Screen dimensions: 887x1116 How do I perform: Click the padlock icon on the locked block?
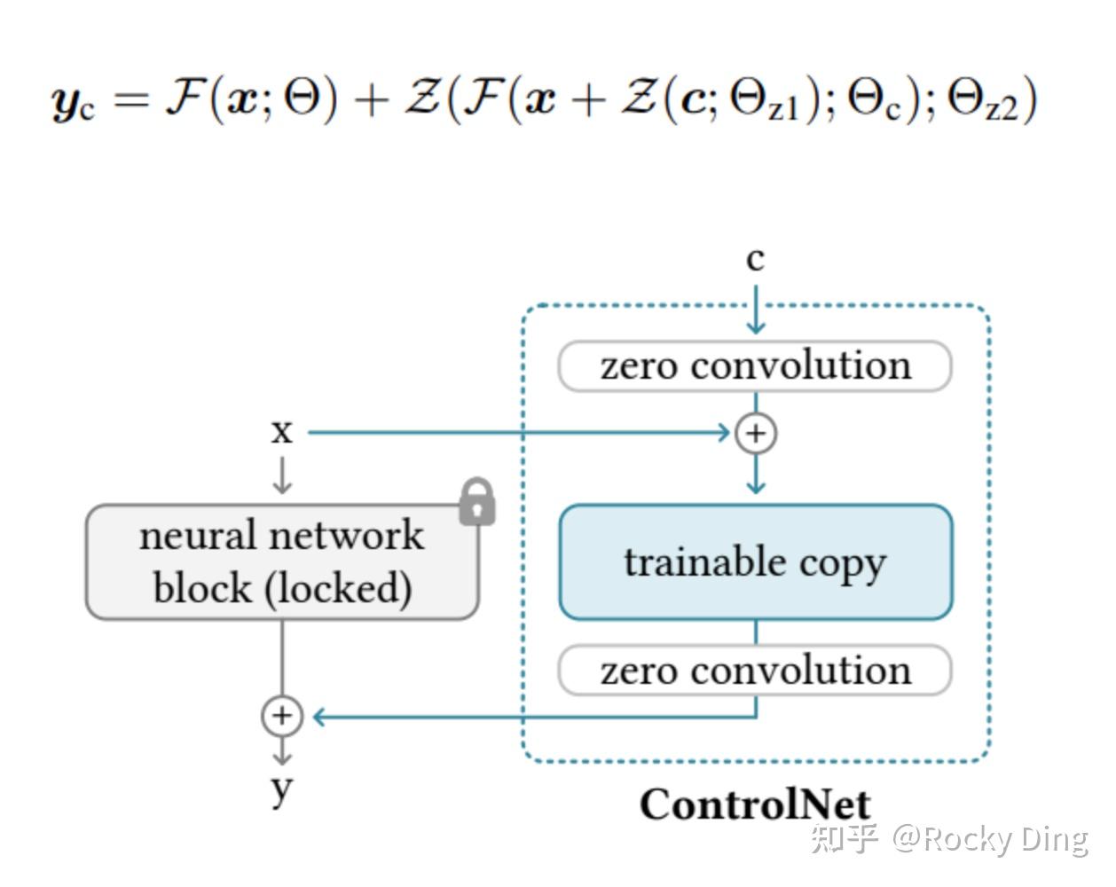tap(476, 503)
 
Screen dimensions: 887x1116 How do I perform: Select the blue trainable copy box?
tap(755, 562)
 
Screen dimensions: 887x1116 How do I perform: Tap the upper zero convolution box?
tap(755, 365)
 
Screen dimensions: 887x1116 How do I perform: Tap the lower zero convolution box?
tap(755, 671)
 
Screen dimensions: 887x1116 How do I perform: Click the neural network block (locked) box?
tap(281, 562)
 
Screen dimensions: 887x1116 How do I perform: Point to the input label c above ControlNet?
tap(755, 259)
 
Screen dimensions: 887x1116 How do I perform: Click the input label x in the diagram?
tap(281, 432)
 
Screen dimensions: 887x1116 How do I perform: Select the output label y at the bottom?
tap(281, 787)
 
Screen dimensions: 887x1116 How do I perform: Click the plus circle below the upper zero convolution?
tap(756, 433)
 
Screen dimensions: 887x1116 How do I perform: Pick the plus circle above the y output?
tap(281, 716)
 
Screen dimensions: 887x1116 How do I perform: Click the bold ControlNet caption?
tap(755, 805)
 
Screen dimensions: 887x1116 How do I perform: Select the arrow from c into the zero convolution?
tap(756, 310)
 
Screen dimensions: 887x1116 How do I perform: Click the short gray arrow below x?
tap(282, 475)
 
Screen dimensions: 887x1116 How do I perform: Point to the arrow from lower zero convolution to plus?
tap(532, 717)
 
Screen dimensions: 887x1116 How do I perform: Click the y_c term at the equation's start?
tap(73, 101)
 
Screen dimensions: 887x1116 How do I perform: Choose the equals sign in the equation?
tap(131, 99)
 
